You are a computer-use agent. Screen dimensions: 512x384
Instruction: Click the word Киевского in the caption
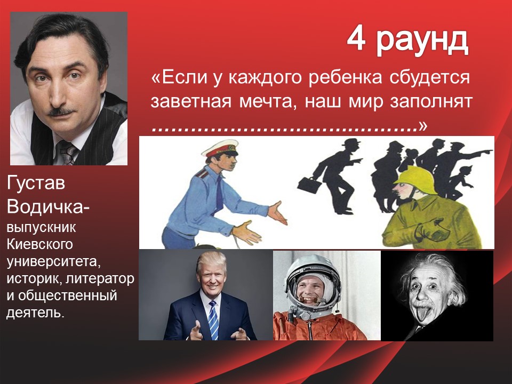tap(40, 244)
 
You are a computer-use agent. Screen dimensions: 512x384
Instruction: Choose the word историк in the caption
tap(35, 278)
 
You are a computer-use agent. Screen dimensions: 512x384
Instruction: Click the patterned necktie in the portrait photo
tap(68, 153)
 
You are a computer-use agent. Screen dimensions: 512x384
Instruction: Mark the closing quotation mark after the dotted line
tap(422, 126)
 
